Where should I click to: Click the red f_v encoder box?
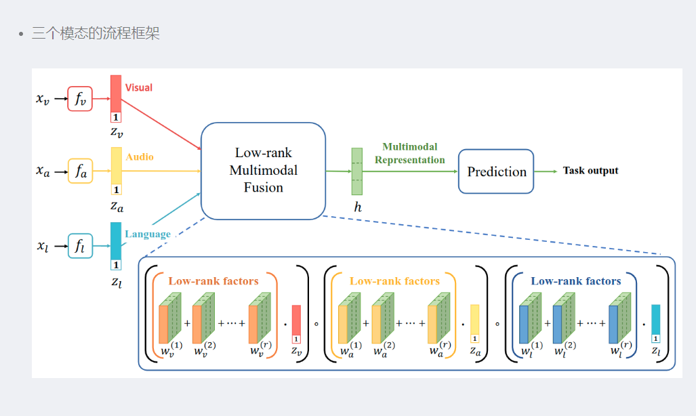(80, 99)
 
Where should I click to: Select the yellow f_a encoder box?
(80, 172)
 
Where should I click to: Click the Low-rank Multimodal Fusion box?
(264, 171)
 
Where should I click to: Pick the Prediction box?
(496, 171)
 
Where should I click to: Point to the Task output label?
(590, 171)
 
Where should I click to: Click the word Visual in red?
(139, 87)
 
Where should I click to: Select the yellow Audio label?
(140, 157)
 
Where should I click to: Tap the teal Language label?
(148, 234)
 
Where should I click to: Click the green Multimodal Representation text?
(410, 153)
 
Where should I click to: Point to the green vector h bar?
(357, 171)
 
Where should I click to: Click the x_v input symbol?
(43, 100)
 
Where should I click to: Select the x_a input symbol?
(43, 172)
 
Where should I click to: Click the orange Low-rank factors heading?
(213, 280)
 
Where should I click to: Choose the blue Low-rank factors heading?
(575, 280)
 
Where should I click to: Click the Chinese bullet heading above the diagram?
(96, 33)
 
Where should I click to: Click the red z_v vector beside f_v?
(116, 93)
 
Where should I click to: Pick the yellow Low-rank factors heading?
(394, 280)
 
